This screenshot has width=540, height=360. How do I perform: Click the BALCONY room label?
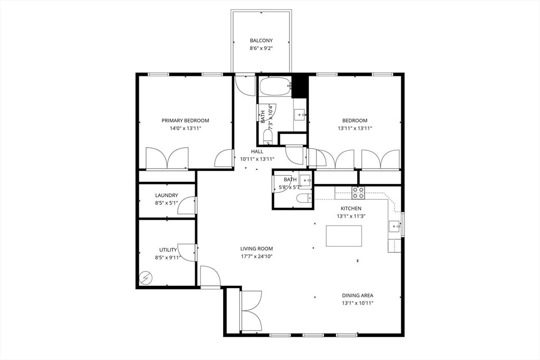[261, 41]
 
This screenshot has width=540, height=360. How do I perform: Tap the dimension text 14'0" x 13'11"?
[185, 128]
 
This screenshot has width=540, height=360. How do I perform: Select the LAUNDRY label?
[167, 195]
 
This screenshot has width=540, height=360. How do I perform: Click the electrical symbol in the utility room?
[146, 277]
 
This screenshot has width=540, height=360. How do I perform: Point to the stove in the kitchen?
[358, 192]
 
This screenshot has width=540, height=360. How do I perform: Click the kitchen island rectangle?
[344, 236]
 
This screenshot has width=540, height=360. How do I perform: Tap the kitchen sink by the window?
[393, 227]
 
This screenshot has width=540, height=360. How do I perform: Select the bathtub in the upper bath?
[274, 86]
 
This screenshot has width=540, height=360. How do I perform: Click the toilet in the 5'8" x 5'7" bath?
[303, 199]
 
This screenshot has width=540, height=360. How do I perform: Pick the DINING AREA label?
[358, 296]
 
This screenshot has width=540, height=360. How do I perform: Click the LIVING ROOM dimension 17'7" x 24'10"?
[257, 256]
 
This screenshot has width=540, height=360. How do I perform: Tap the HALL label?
[257, 151]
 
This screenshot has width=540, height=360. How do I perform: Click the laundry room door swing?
[187, 206]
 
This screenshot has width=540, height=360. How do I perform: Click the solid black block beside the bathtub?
[300, 86]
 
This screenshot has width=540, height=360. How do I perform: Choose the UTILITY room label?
[168, 250]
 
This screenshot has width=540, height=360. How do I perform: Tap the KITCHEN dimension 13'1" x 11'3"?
[351, 216]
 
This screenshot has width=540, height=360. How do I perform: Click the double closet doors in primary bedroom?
[167, 159]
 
